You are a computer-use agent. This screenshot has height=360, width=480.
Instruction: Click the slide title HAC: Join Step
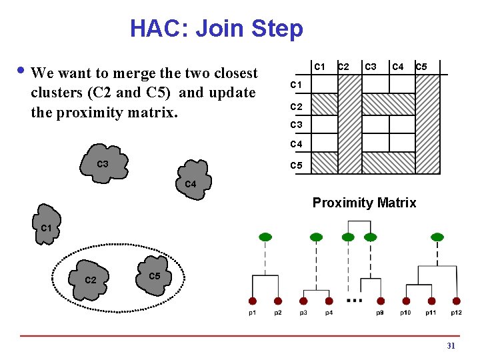[216, 29]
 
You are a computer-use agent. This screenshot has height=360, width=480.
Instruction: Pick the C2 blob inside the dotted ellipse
[91, 277]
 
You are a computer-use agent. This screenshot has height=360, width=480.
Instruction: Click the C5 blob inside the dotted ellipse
[154, 271]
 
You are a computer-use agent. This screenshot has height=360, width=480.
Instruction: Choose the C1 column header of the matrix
[320, 67]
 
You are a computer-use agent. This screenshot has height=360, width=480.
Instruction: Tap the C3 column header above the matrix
[371, 67]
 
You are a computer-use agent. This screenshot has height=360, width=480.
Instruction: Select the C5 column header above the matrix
[421, 67]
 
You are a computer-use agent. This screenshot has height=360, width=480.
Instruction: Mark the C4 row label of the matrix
[295, 144]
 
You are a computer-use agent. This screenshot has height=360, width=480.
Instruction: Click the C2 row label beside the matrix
[295, 107]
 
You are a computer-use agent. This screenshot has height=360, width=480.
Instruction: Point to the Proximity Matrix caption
[364, 203]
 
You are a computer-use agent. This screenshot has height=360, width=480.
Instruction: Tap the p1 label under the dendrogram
[253, 313]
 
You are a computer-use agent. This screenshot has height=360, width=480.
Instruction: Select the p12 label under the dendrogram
[456, 313]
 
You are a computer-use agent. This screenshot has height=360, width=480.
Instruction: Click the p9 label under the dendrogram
[379, 313]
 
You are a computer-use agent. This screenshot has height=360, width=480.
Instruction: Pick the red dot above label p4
[329, 301]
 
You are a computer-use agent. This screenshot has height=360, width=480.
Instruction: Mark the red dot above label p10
[405, 301]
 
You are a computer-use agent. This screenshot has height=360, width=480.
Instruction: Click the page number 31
[451, 346]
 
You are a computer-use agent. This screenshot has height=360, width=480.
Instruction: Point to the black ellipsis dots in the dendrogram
[355, 301]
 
